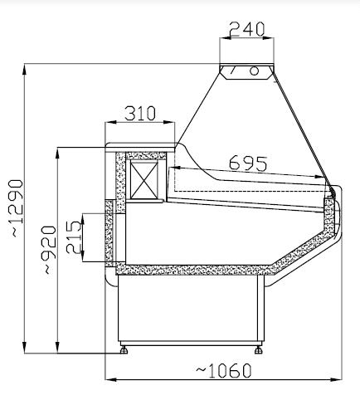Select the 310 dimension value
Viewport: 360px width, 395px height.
click(141, 114)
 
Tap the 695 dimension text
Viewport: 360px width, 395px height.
click(248, 163)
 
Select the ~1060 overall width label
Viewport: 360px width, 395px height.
click(223, 369)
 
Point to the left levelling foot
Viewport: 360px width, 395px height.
click(125, 349)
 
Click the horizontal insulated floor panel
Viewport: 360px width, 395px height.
click(191, 270)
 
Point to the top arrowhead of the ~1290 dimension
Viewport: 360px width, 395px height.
click(27, 65)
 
